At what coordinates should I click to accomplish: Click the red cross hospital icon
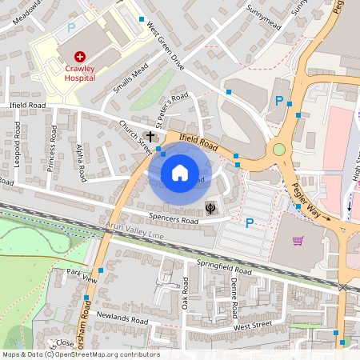80,56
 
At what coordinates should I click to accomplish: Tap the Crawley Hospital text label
80,74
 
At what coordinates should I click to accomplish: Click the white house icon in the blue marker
180,173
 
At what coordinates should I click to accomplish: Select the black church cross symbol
150,137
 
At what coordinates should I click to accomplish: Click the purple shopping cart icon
298,241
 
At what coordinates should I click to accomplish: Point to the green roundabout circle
278,149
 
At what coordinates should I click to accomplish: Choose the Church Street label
135,138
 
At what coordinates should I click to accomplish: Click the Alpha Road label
78,162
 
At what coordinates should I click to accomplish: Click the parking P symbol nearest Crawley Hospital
71,27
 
